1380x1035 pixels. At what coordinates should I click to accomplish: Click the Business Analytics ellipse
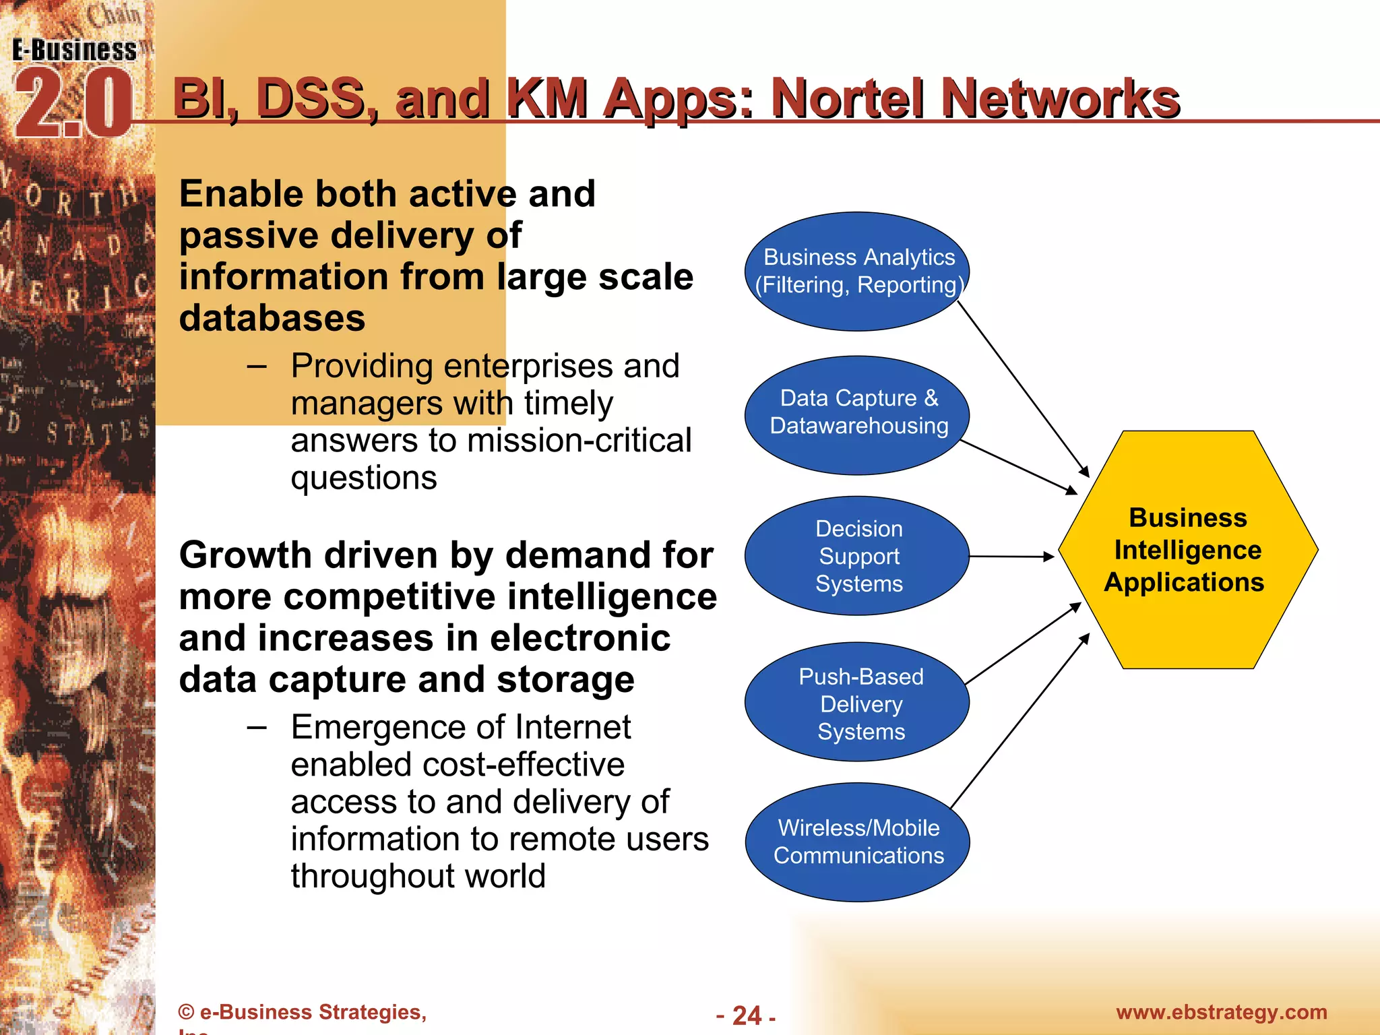click(857, 271)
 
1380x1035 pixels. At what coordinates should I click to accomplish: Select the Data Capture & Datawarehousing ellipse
click(857, 414)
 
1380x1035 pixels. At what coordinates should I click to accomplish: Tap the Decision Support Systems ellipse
click(857, 555)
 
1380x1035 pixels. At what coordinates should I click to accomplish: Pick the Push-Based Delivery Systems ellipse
click(857, 702)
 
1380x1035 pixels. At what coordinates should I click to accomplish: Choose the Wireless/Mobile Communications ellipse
click(857, 842)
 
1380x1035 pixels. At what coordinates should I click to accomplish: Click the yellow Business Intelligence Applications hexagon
click(1187, 550)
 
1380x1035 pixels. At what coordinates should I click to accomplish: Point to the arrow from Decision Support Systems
click(1011, 557)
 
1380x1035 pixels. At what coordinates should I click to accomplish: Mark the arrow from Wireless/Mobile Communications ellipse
click(1020, 721)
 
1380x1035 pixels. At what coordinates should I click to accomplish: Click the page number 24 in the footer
click(747, 1015)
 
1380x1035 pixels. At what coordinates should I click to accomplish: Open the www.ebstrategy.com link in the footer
click(1221, 1012)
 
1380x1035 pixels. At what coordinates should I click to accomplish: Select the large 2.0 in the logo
click(73, 104)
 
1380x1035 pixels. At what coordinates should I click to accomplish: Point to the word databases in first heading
click(272, 318)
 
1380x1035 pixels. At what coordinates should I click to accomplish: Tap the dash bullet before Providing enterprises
click(257, 367)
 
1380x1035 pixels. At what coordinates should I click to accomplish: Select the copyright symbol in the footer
click(186, 1012)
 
